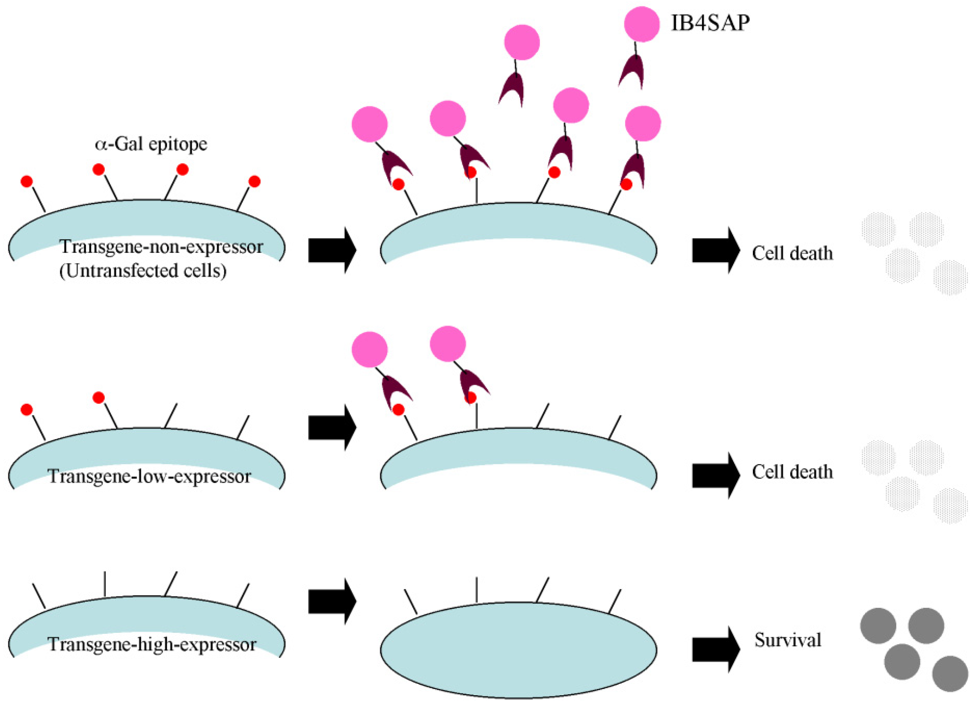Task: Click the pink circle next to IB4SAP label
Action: [642, 24]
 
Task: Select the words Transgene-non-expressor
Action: [161, 247]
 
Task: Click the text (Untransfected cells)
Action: [143, 271]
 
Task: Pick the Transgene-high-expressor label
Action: [152, 644]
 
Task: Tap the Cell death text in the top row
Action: [792, 253]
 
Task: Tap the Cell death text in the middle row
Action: [792, 472]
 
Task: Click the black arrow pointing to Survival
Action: [715, 649]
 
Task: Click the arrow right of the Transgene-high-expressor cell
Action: [332, 602]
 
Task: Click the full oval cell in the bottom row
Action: [518, 650]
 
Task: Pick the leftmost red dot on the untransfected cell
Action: [26, 182]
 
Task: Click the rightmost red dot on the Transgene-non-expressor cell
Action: [255, 182]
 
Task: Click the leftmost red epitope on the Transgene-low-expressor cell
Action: [26, 410]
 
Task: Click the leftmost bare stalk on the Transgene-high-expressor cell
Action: [39, 596]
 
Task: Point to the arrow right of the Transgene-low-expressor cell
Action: [332, 428]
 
